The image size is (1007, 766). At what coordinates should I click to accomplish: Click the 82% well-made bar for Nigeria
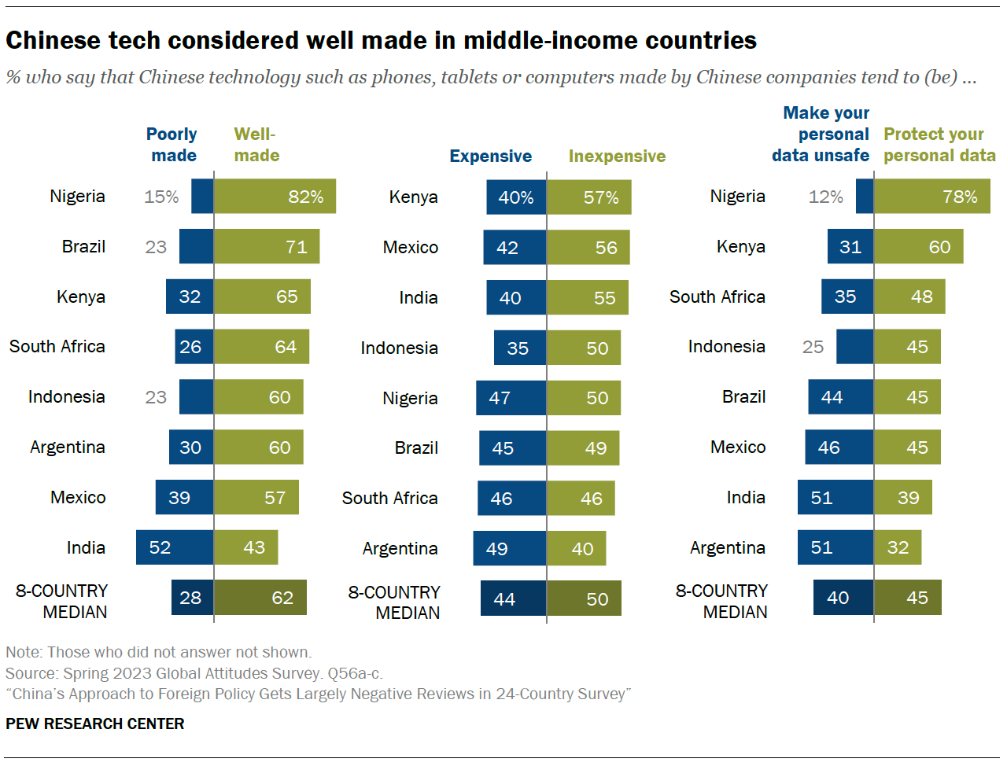click(x=275, y=197)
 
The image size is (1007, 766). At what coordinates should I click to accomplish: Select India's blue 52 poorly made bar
click(x=175, y=547)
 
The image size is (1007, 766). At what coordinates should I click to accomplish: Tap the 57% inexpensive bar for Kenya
click(x=588, y=197)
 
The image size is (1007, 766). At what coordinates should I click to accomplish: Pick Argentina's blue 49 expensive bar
click(x=509, y=548)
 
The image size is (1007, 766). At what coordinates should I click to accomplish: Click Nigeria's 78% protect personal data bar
click(x=931, y=197)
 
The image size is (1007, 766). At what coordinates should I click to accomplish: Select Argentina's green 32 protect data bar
click(x=898, y=547)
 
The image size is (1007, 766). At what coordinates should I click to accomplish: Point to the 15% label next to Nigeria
click(x=161, y=197)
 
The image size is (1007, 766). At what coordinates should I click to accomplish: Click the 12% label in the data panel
click(x=825, y=197)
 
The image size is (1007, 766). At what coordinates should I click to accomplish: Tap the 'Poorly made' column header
click(x=172, y=145)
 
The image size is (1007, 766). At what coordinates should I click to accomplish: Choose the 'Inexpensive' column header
click(x=617, y=156)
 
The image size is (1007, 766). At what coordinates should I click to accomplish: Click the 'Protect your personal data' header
click(x=939, y=145)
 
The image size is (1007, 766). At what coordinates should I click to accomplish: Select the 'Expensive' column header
click(x=490, y=156)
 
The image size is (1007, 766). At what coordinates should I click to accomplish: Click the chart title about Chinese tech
click(x=381, y=40)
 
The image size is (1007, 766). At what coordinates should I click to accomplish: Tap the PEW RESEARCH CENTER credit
click(x=95, y=724)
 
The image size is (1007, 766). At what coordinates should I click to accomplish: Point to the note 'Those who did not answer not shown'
click(x=158, y=652)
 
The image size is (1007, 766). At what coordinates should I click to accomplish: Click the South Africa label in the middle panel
click(x=389, y=498)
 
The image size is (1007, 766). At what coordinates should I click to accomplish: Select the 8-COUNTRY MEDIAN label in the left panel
click(x=62, y=601)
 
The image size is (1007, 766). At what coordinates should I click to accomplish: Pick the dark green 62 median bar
click(x=260, y=598)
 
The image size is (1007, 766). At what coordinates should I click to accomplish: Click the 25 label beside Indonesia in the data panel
click(x=813, y=347)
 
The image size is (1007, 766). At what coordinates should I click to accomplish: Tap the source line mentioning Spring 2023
click(x=194, y=673)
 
